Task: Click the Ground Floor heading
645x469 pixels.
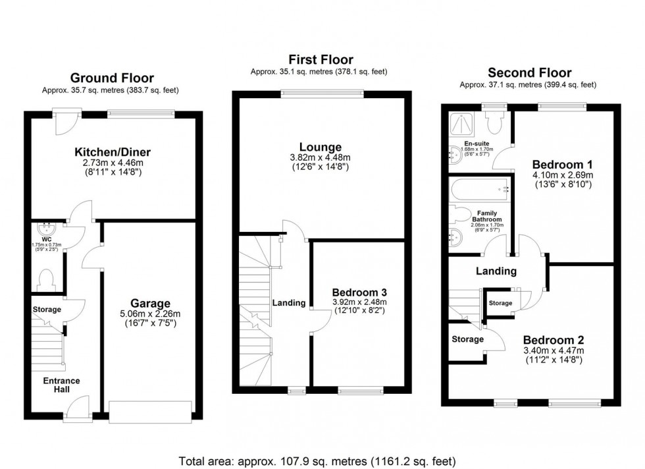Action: click(113, 78)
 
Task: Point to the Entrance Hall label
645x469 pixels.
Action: click(61, 385)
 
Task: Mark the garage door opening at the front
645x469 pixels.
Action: click(151, 412)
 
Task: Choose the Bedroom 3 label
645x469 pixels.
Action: click(359, 292)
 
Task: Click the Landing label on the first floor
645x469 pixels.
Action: click(289, 303)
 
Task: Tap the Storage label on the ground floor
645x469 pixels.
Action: click(46, 310)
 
